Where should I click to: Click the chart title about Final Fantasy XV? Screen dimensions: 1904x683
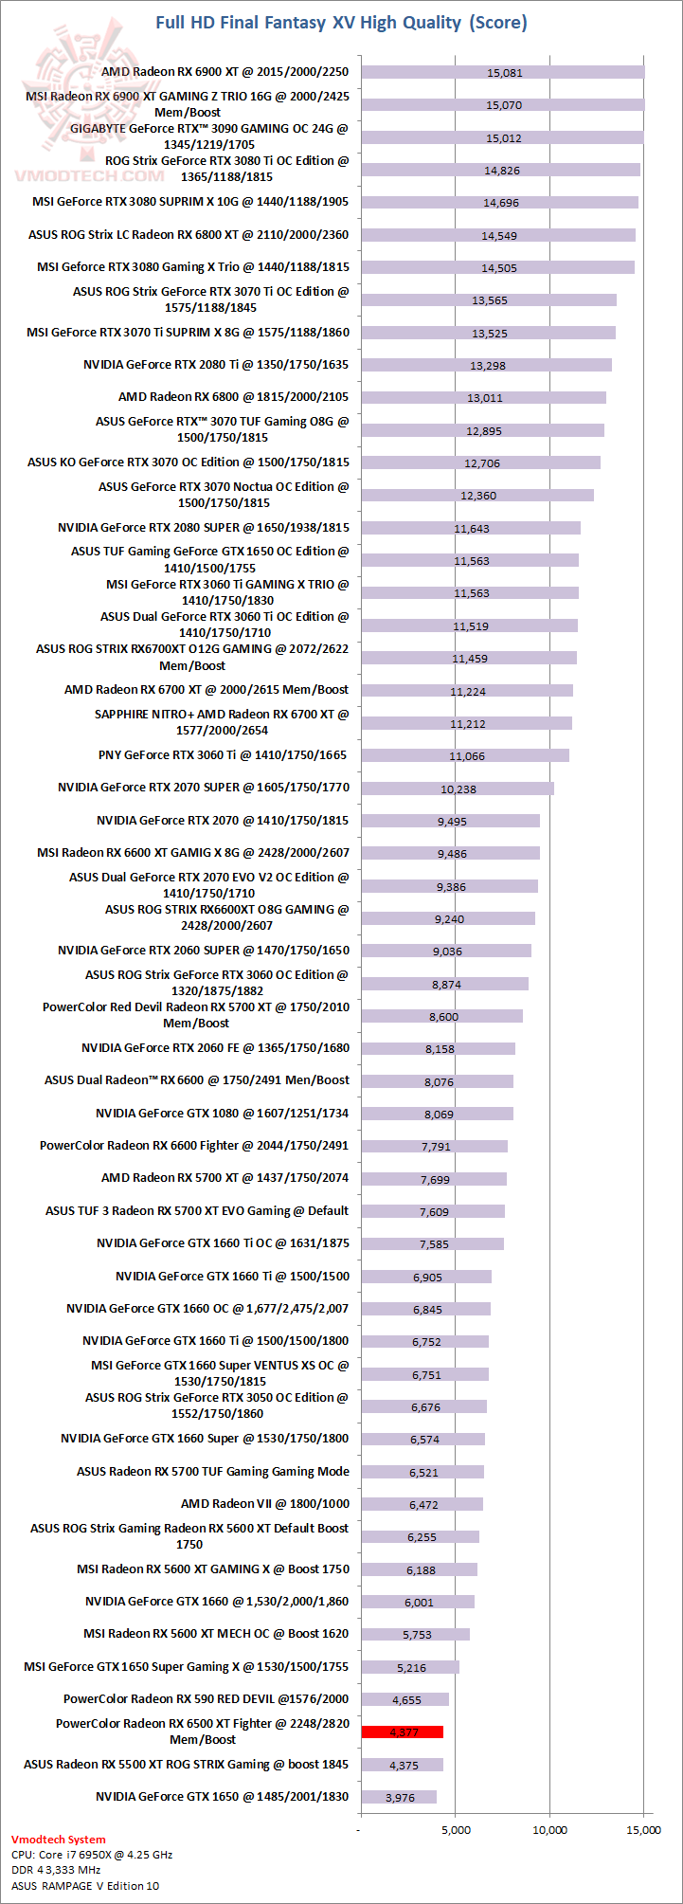click(341, 22)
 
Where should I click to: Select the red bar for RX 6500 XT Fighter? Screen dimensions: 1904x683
click(402, 1732)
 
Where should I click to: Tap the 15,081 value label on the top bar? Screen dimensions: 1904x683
click(504, 73)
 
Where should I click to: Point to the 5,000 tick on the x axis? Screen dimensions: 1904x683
click(456, 1829)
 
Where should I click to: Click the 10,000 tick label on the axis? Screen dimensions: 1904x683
click(550, 1829)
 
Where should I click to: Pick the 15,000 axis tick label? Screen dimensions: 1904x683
click(644, 1829)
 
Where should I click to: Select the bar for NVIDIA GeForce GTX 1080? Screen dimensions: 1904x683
click(437, 1114)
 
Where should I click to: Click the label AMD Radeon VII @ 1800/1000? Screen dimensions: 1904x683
click(265, 1503)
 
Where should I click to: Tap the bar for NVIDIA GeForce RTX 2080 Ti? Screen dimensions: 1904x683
click(486, 365)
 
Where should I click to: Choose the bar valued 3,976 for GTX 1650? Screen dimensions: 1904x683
click(399, 1797)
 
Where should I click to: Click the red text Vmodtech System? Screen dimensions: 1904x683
click(59, 1840)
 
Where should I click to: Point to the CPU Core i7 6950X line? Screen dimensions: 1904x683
click(92, 1855)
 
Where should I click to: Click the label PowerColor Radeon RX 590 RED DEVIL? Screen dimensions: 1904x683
click(206, 1699)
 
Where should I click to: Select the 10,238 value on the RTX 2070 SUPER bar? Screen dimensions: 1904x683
click(458, 789)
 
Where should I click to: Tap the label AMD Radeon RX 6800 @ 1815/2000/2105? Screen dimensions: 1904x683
click(233, 397)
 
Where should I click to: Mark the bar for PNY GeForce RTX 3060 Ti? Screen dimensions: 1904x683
click(465, 755)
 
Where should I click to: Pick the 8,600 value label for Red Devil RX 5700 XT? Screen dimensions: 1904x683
click(443, 1017)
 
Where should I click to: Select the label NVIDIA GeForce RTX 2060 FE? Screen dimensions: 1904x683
click(215, 1048)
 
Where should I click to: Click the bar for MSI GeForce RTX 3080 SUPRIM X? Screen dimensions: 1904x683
click(499, 203)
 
